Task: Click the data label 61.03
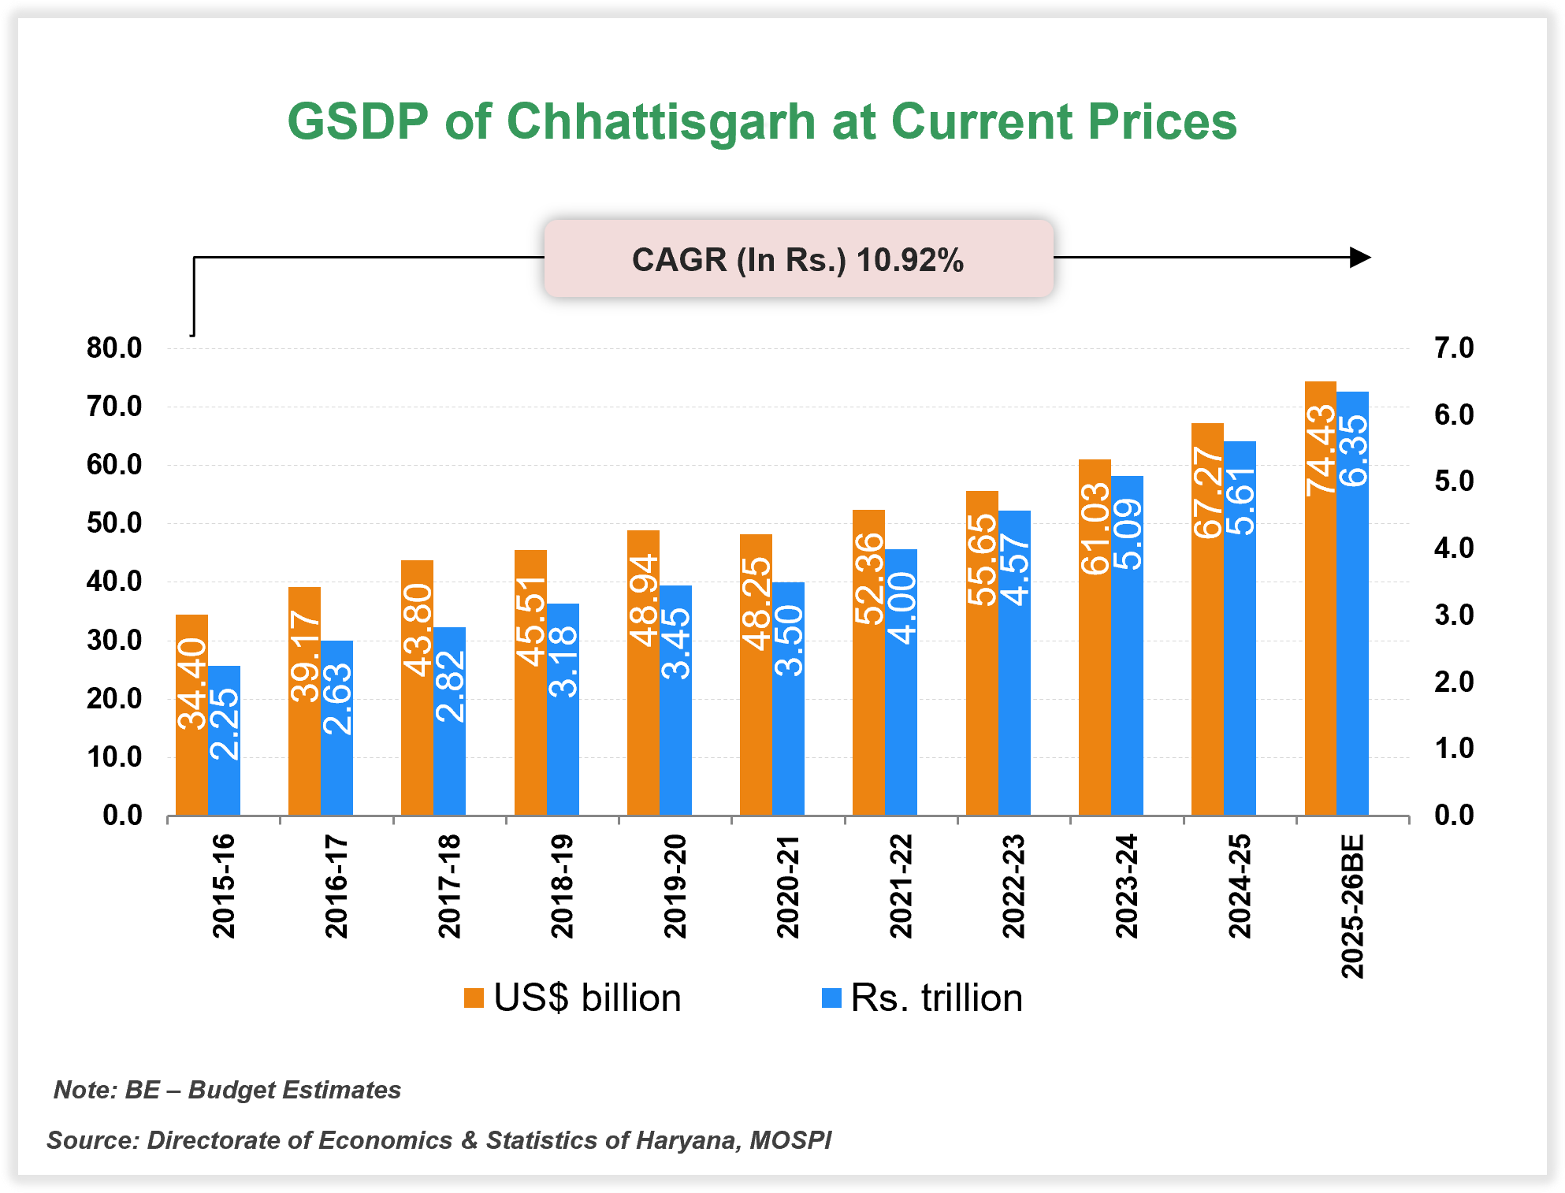coord(1095,529)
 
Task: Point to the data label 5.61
coord(1240,501)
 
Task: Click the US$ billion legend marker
coord(473,998)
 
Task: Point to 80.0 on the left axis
coord(114,347)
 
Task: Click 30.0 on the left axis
coord(114,641)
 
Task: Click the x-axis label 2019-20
coord(675,886)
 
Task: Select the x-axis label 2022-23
coord(1013,886)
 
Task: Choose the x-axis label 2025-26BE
coord(1352,906)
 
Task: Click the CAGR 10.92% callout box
coord(798,259)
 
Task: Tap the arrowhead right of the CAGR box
coord(1360,258)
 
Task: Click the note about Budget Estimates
coord(227,1090)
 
